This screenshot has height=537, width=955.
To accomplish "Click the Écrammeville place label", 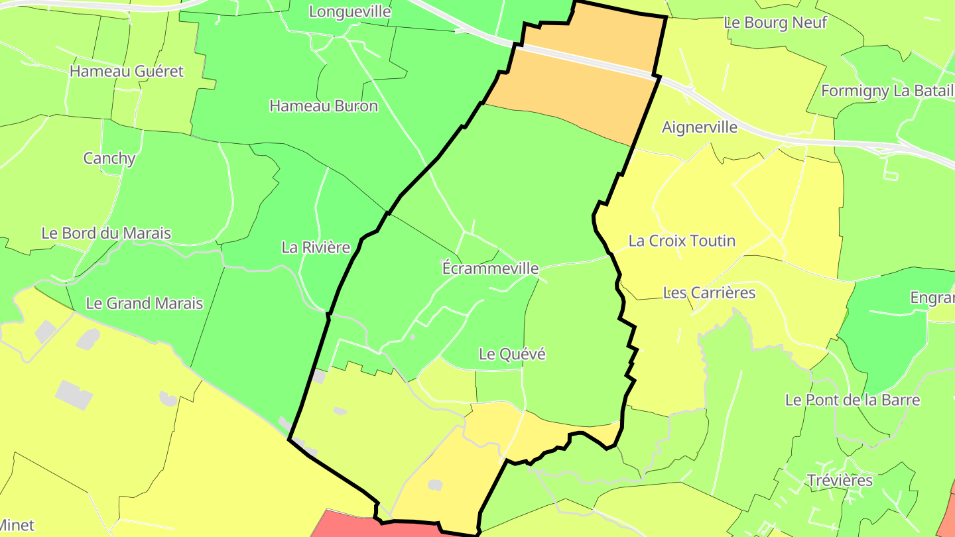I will point(490,268).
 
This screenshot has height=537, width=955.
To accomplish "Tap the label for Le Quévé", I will point(512,354).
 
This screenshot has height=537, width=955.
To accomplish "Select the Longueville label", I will point(350,11).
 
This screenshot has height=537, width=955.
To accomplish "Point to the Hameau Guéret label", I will point(126,71).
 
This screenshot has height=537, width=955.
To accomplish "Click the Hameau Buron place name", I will point(324,105).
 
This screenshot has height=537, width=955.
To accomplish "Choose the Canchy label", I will point(109,158).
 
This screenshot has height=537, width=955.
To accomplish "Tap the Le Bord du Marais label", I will point(106,233).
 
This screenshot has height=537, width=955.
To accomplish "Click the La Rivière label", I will point(316,247).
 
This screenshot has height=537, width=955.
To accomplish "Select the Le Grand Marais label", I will point(145,304).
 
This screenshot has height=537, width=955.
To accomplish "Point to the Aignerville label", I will point(700,127).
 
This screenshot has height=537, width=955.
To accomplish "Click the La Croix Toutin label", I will point(682,241).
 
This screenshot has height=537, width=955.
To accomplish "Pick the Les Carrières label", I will point(709,292).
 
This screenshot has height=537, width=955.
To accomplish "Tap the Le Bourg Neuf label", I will point(775,23).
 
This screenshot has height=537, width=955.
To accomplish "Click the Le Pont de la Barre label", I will point(852,400).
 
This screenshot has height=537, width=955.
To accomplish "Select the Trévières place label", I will point(840,480).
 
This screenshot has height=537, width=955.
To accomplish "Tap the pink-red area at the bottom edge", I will point(371,525).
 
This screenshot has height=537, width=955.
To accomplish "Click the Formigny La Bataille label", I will point(887,91).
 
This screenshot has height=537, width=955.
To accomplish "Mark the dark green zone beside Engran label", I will point(889,331).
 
